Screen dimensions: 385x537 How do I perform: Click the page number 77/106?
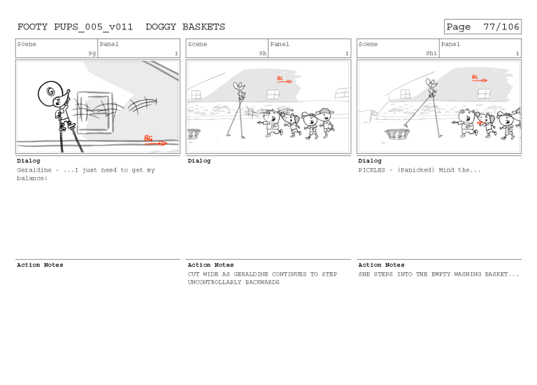tap(501, 27)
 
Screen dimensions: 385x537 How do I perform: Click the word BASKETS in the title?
tap(203, 27)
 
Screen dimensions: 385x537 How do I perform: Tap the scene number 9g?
tap(92, 53)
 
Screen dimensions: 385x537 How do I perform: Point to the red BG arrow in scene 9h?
tap(283, 80)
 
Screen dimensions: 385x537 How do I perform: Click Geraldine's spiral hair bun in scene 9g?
tap(49, 90)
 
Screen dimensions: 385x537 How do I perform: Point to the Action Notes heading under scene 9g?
tap(40, 265)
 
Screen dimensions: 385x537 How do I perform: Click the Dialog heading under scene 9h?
tap(199, 161)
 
